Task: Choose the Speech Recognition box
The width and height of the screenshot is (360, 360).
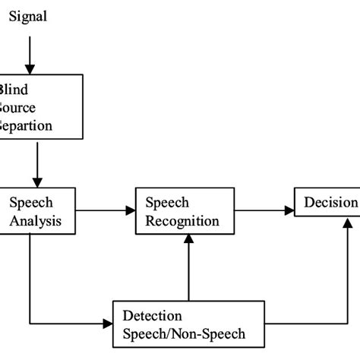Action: (x=182, y=211)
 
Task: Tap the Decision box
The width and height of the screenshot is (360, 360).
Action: (x=327, y=204)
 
